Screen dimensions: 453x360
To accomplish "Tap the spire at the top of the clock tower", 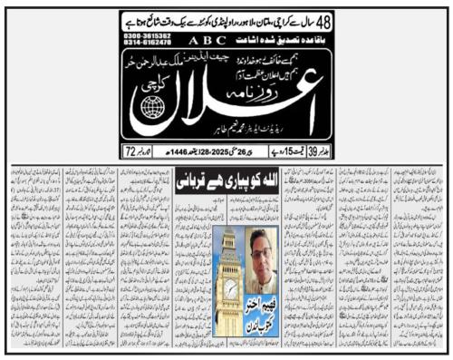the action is pos(231,234).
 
